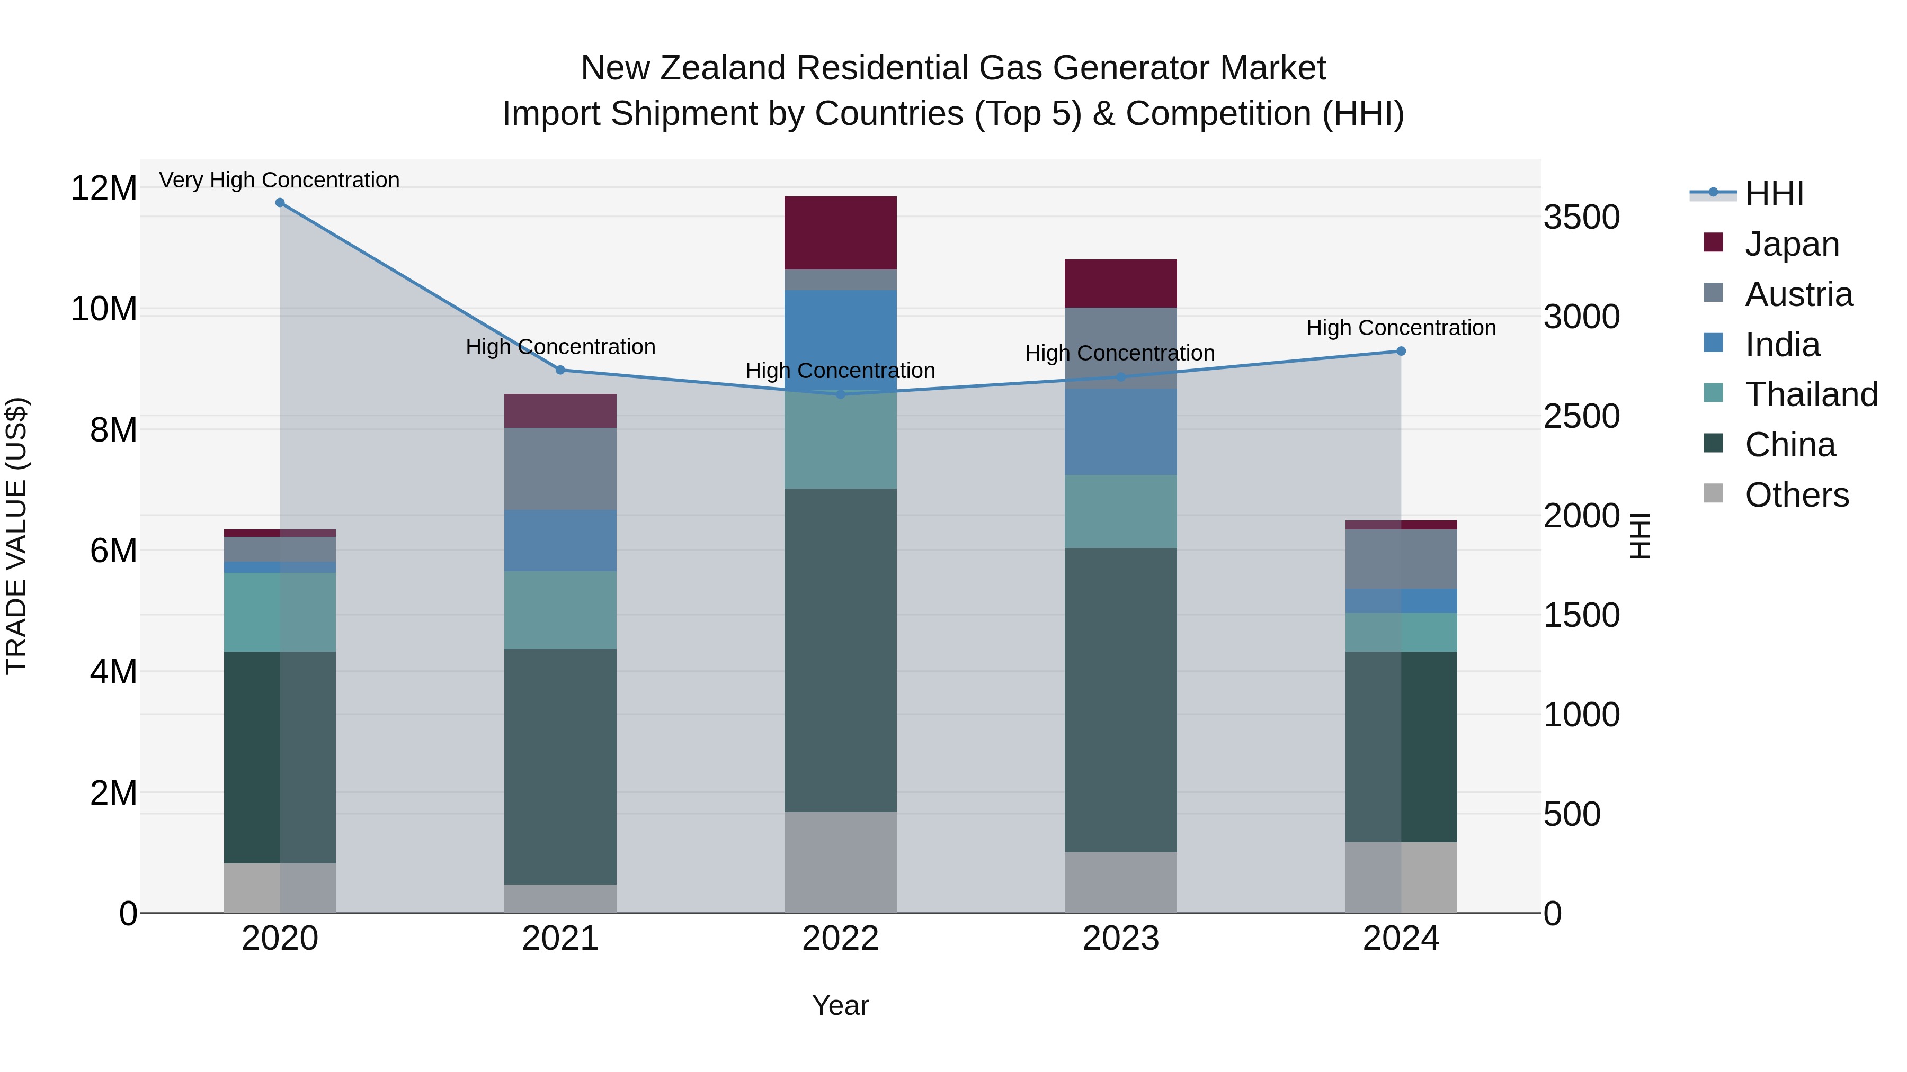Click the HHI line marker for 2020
[x=280, y=203]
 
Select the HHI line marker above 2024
[x=1401, y=352]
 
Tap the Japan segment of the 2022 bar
[x=840, y=233]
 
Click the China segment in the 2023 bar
[x=1120, y=699]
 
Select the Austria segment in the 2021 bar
[x=560, y=469]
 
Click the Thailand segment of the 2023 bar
[x=1120, y=511]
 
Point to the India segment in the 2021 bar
[x=560, y=540]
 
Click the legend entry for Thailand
[x=1811, y=394]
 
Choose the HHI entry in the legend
[x=1774, y=194]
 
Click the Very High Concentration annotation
[x=279, y=180]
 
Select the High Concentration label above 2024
[x=1401, y=328]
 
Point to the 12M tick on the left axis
[x=104, y=188]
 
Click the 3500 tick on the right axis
[x=1582, y=218]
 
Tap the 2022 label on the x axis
[x=840, y=939]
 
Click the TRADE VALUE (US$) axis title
[x=16, y=536]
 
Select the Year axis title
[x=840, y=1005]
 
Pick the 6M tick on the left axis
[x=113, y=551]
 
